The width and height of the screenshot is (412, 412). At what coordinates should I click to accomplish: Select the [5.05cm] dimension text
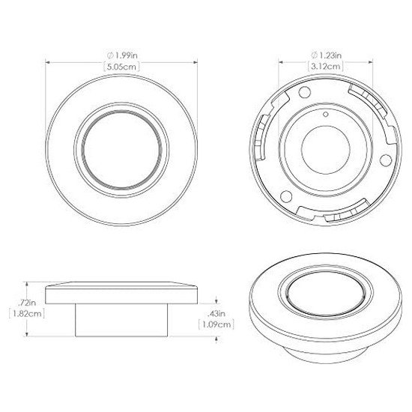(x=121, y=67)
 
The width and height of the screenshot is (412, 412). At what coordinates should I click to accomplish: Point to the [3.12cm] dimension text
(x=326, y=66)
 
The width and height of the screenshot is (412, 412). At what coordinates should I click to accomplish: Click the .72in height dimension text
(x=27, y=303)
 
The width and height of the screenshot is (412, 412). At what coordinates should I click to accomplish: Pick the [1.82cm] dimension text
(x=26, y=314)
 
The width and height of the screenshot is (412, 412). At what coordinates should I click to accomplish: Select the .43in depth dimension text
(x=216, y=313)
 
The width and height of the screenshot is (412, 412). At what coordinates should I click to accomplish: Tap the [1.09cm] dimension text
(x=216, y=324)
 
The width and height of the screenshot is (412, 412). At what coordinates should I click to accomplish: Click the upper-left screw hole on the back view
(x=304, y=91)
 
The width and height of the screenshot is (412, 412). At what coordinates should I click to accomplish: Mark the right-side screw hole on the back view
(x=386, y=160)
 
